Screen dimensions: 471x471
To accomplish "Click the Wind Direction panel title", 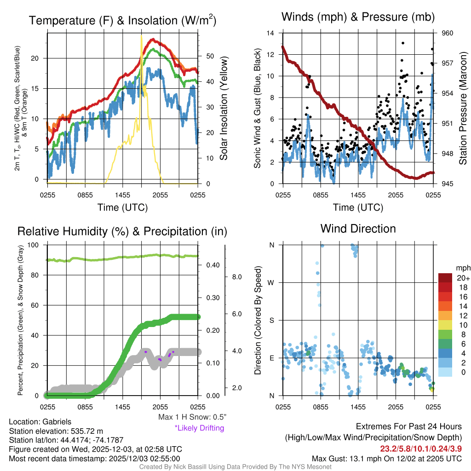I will (358, 229).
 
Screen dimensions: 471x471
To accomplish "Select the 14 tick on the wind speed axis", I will (270, 33).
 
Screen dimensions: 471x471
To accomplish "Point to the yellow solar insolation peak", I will (141, 37).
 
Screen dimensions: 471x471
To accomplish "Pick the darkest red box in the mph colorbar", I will (445, 278).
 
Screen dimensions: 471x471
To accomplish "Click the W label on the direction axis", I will (271, 282).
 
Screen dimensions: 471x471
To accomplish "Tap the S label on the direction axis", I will (271, 320).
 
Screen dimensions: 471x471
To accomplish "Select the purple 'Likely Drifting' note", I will (199, 428).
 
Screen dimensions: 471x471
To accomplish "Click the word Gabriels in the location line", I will (57, 421).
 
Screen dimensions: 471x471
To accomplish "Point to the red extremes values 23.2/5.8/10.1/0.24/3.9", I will (420, 448).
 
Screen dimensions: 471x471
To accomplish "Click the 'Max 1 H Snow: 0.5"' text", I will (192, 417).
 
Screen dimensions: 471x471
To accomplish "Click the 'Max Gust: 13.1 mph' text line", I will (386, 458).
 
